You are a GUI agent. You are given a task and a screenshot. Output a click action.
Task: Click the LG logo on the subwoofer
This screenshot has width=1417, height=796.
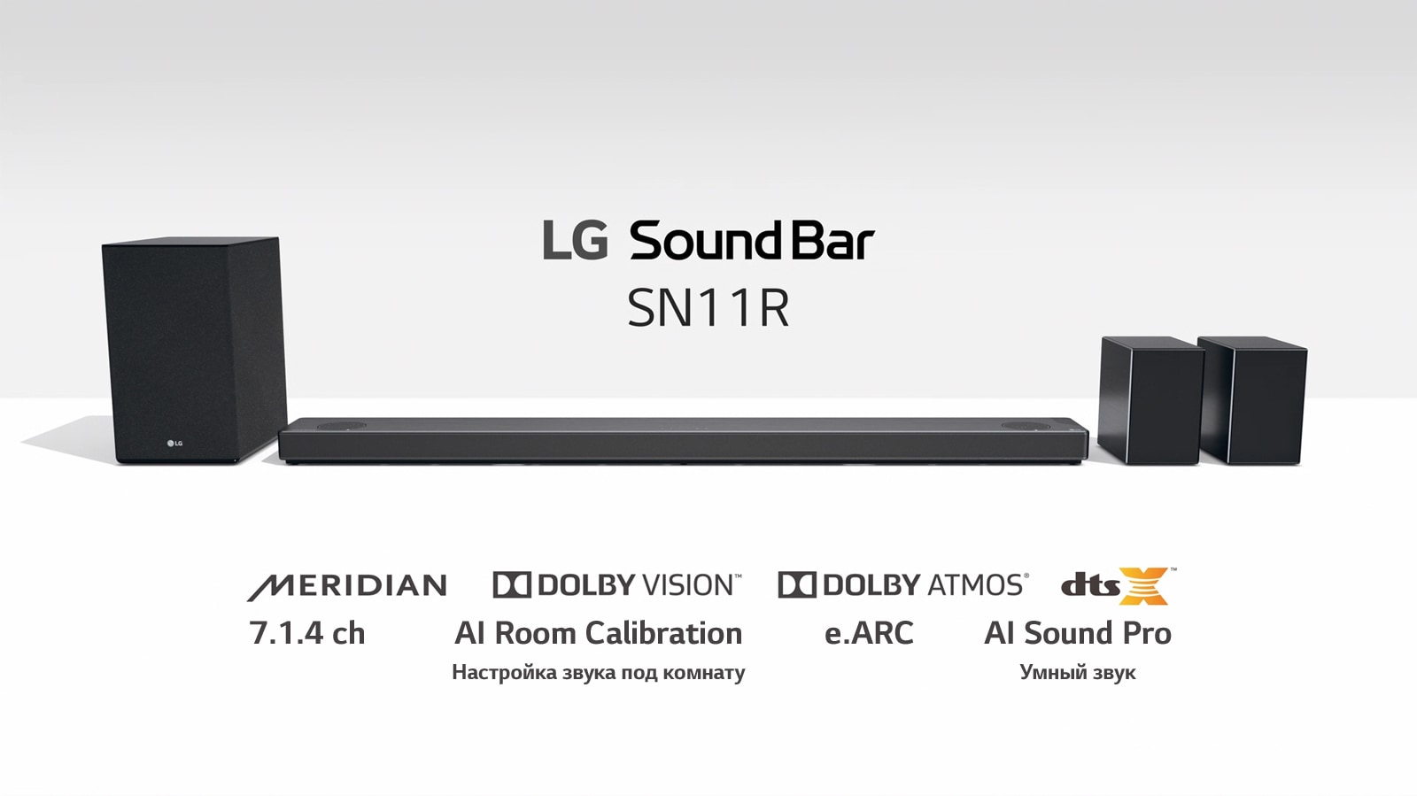[x=174, y=443]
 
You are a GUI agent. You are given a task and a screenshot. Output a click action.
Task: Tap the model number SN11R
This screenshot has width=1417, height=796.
[x=708, y=308]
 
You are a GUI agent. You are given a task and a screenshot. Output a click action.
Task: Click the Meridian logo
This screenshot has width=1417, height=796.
[x=346, y=586]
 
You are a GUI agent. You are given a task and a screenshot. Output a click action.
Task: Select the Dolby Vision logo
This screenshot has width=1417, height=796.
[x=616, y=585]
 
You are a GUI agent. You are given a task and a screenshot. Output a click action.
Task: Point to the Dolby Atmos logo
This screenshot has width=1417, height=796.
[x=903, y=585]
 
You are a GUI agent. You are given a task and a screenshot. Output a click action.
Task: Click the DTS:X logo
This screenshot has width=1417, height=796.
[x=1118, y=586]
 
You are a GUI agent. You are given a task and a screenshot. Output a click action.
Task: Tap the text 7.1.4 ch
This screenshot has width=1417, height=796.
[x=307, y=633]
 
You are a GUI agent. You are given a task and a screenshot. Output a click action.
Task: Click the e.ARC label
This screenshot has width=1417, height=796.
[x=869, y=633]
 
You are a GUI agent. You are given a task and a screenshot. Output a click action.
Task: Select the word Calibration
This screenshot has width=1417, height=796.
[x=663, y=633]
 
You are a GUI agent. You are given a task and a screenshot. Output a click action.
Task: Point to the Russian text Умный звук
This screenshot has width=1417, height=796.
[x=1077, y=673]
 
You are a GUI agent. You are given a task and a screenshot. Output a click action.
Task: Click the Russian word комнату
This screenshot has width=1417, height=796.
[x=704, y=673]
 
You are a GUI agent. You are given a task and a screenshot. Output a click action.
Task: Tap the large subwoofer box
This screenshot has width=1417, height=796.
[x=194, y=350]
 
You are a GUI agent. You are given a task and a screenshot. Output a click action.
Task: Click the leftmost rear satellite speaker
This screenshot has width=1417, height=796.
[x=1150, y=400]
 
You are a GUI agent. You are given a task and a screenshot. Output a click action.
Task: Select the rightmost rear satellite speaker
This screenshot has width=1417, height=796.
[x=1251, y=400]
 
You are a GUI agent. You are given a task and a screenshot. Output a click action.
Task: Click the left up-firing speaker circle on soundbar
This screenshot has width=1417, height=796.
[x=342, y=426]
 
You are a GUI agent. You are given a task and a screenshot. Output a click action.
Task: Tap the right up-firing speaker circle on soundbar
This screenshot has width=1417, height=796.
[x=1026, y=426]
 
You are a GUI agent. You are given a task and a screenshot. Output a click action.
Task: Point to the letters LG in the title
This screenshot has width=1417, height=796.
[x=575, y=240]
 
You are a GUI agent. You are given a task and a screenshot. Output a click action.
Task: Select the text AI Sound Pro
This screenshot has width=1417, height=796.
[x=1077, y=633]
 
